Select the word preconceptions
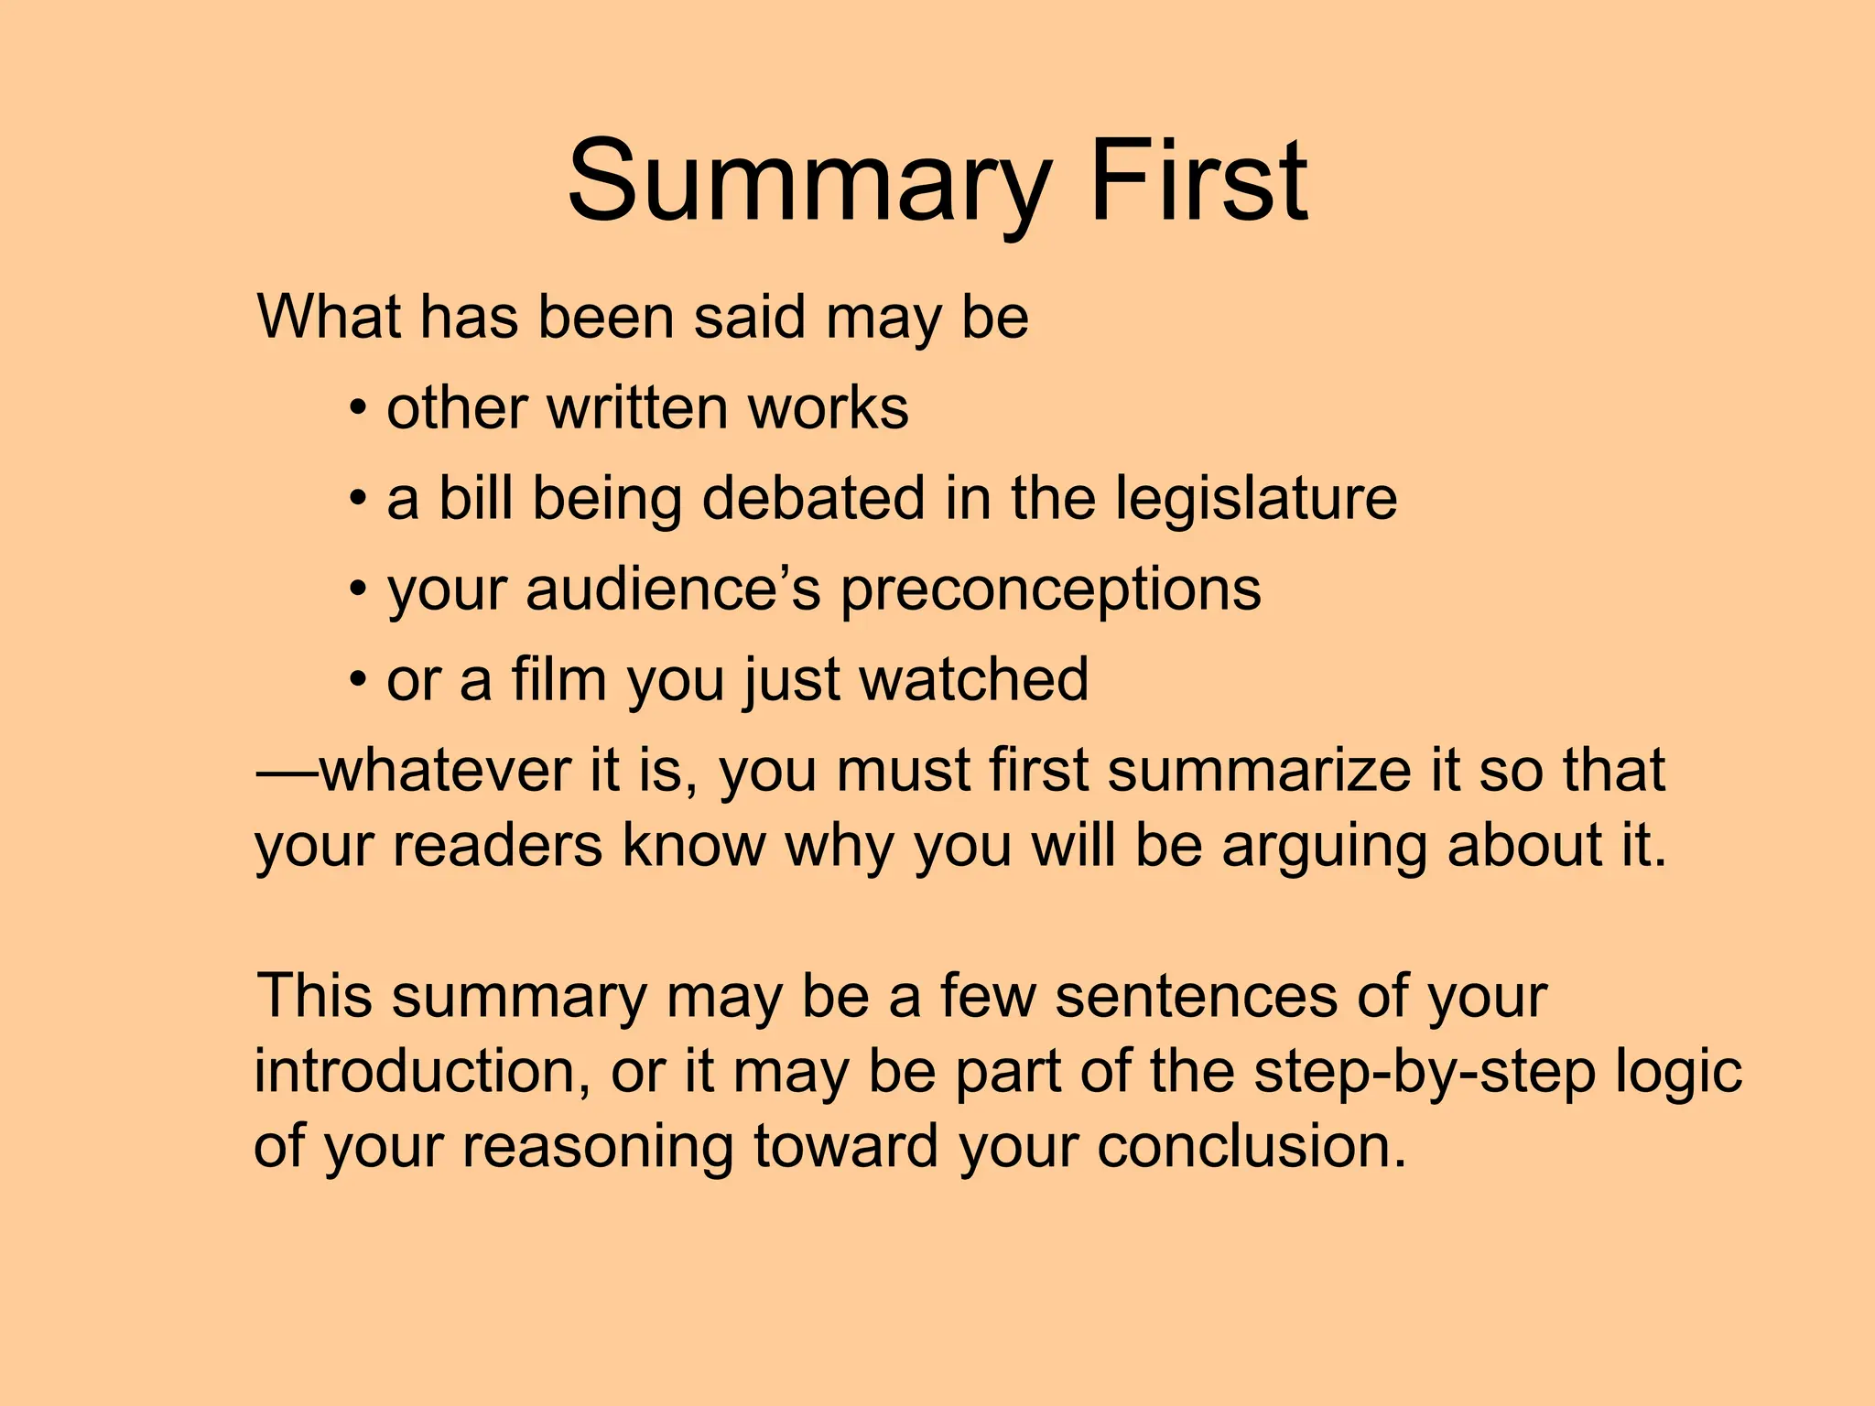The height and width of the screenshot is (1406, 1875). click(1051, 590)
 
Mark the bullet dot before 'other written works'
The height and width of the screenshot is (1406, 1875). click(359, 409)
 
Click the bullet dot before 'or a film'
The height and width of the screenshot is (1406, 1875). click(359, 681)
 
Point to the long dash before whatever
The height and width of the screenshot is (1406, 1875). click(287, 772)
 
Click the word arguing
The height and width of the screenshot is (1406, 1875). click(1325, 846)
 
